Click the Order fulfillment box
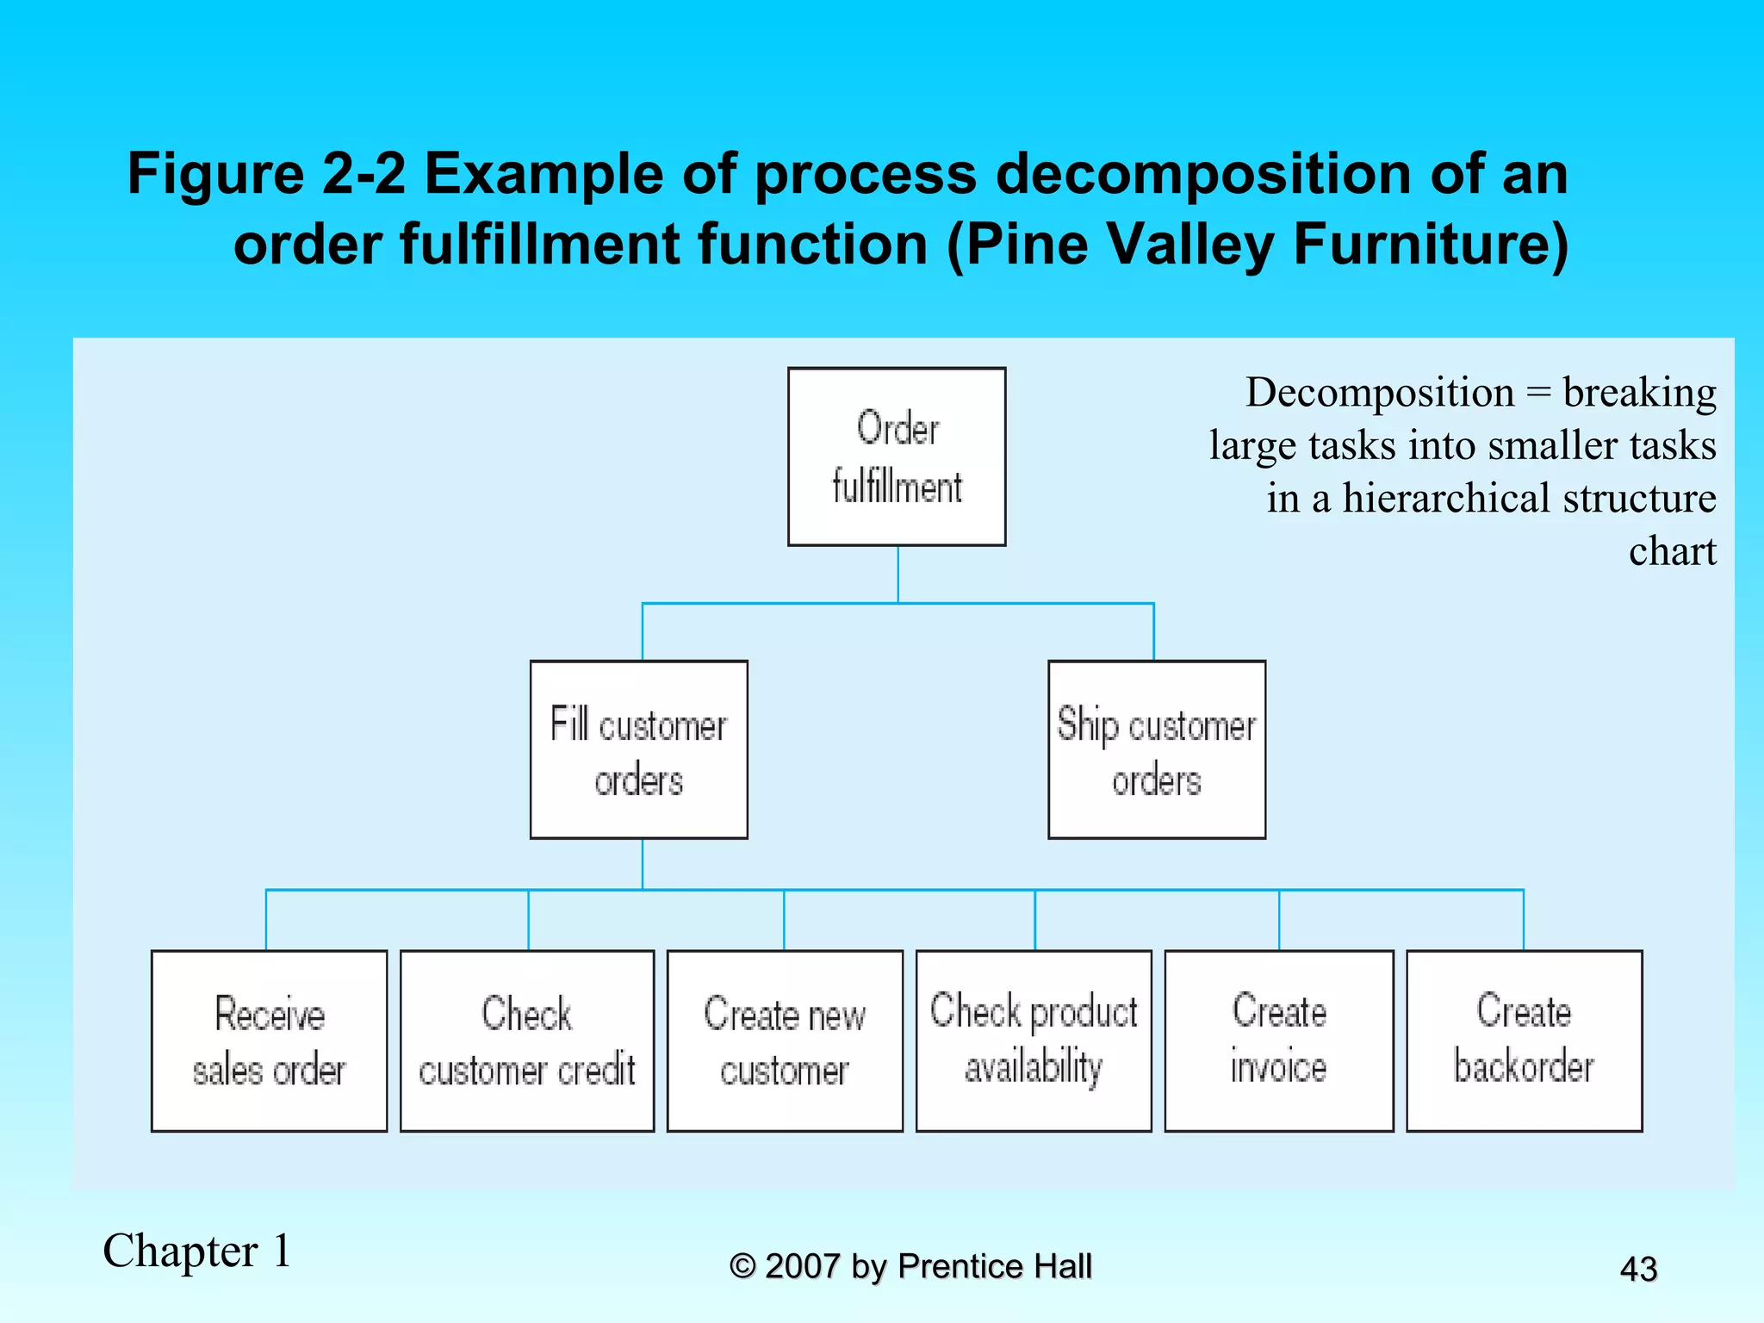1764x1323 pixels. click(897, 457)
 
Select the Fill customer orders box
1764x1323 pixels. click(638, 749)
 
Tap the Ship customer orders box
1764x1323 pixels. click(1156, 749)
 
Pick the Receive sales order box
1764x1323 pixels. click(269, 1040)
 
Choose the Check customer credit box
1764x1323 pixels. click(527, 1040)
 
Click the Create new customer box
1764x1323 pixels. click(785, 1040)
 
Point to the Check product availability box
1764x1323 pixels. click(1034, 1040)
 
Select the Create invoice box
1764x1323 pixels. click(1279, 1040)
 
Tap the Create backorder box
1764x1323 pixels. click(1524, 1040)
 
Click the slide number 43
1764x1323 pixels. click(1638, 1269)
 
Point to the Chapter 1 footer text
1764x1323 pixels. click(197, 1251)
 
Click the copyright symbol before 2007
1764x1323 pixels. click(742, 1266)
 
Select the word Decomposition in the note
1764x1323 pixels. click(1380, 393)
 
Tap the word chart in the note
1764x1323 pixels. click(1672, 551)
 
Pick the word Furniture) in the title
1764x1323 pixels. click(1431, 245)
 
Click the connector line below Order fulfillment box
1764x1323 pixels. click(898, 574)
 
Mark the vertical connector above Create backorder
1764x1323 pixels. click(1524, 920)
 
